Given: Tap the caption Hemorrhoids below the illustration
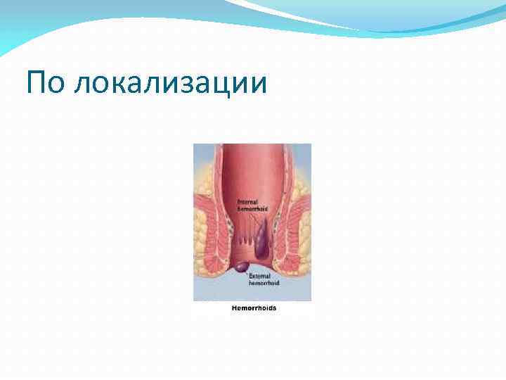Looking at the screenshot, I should point(254,309).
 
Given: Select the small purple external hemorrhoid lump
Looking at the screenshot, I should point(240,267).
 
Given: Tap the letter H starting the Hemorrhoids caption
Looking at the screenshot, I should point(234,309).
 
